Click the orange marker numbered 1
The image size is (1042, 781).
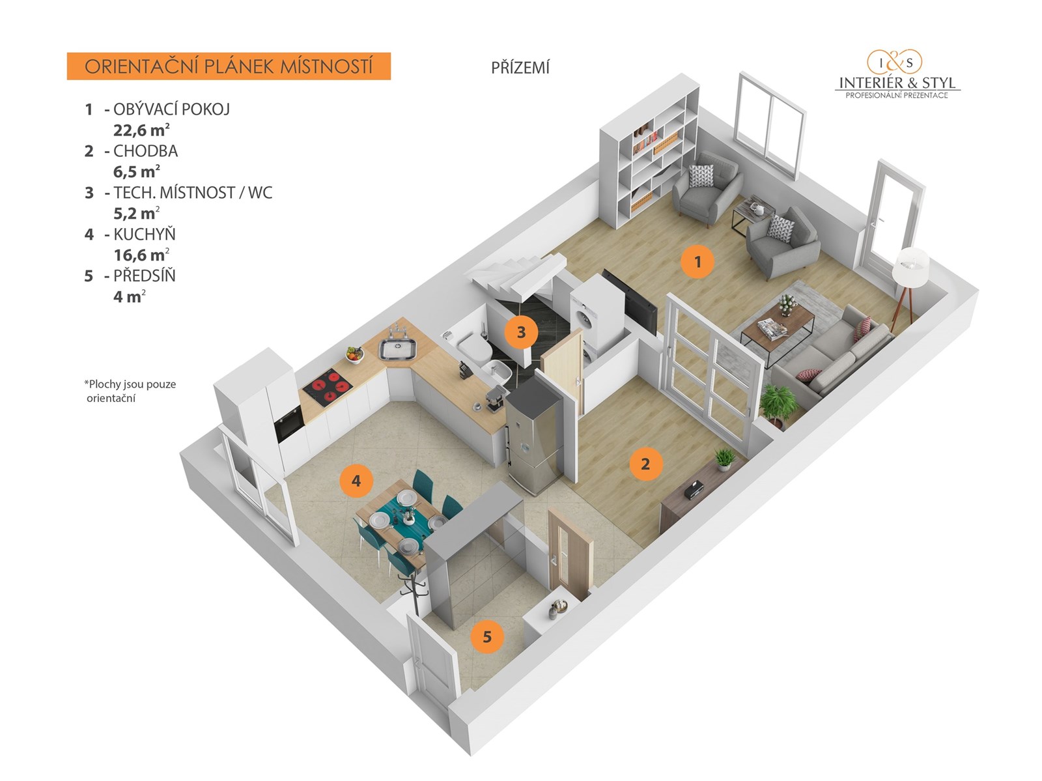(x=697, y=262)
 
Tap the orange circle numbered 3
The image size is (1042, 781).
(x=521, y=332)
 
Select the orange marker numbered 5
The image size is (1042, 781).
(x=487, y=636)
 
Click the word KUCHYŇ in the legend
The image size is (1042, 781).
(x=145, y=234)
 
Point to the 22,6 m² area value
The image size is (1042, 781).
(x=141, y=129)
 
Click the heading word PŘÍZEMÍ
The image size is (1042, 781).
(x=520, y=68)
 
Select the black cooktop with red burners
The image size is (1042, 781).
(x=328, y=387)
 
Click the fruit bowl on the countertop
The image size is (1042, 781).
(x=354, y=354)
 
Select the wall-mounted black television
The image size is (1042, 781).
(x=629, y=301)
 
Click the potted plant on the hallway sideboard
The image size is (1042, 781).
(x=725, y=459)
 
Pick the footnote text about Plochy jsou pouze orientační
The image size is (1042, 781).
(x=130, y=391)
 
